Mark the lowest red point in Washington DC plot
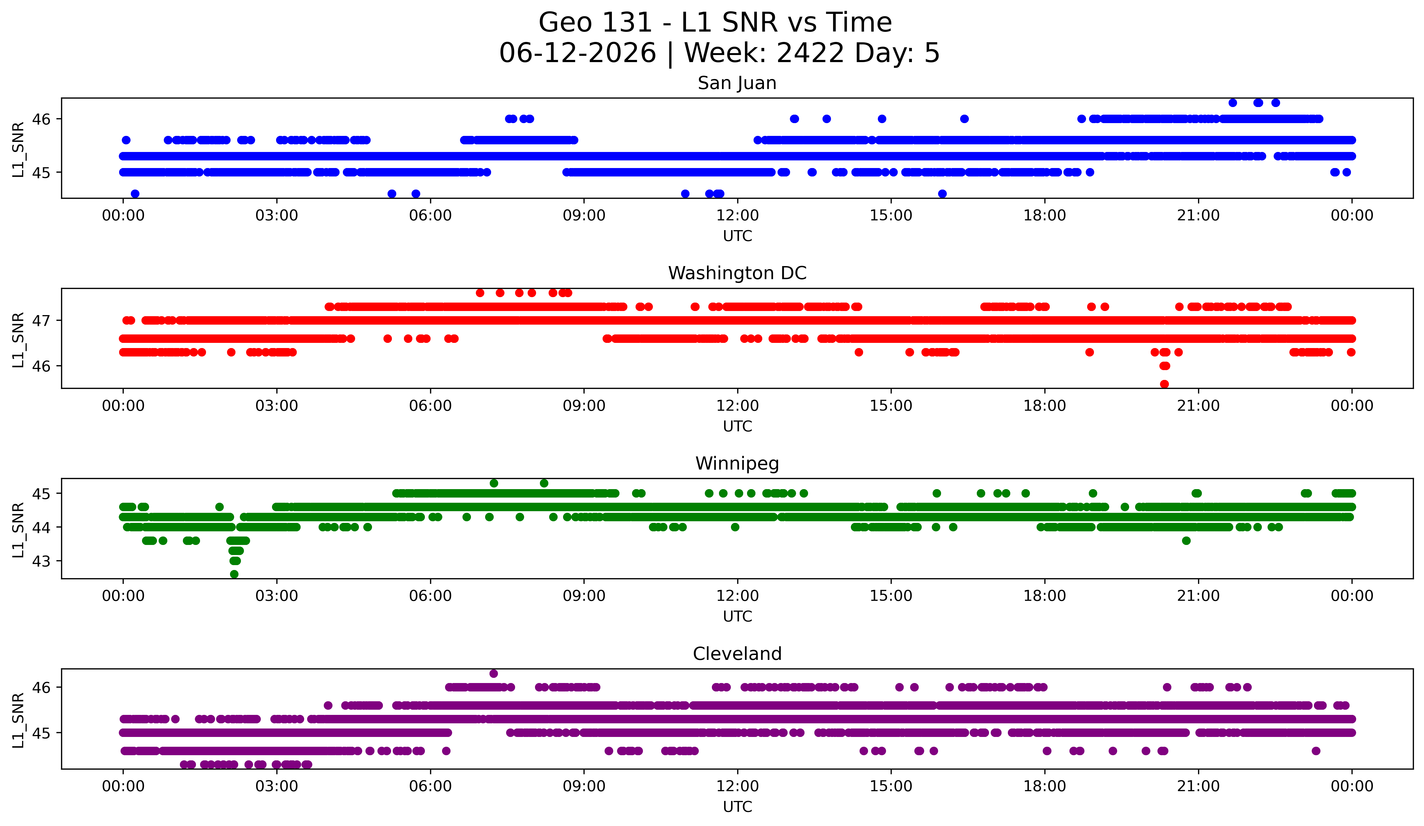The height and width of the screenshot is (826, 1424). click(x=1164, y=384)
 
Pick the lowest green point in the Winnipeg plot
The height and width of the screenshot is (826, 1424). click(x=234, y=574)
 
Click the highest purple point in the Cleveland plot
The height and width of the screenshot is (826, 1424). click(x=493, y=673)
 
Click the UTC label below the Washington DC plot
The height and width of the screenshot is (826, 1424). click(x=737, y=426)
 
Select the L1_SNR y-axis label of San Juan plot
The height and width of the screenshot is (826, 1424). click(x=18, y=150)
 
